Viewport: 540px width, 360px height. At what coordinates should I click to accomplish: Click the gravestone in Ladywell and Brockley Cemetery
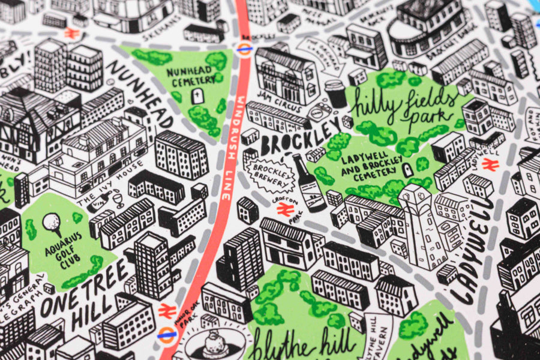409,170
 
